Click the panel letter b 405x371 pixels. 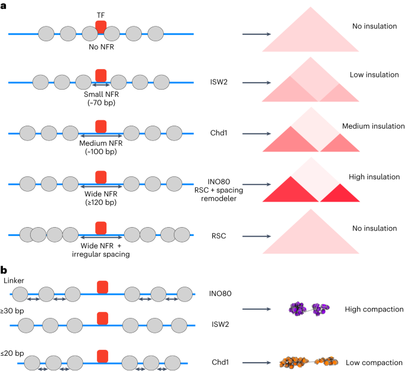[4, 270]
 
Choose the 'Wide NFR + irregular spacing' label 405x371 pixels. [101, 249]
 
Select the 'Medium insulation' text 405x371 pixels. [373, 126]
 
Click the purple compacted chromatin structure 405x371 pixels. [310, 308]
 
